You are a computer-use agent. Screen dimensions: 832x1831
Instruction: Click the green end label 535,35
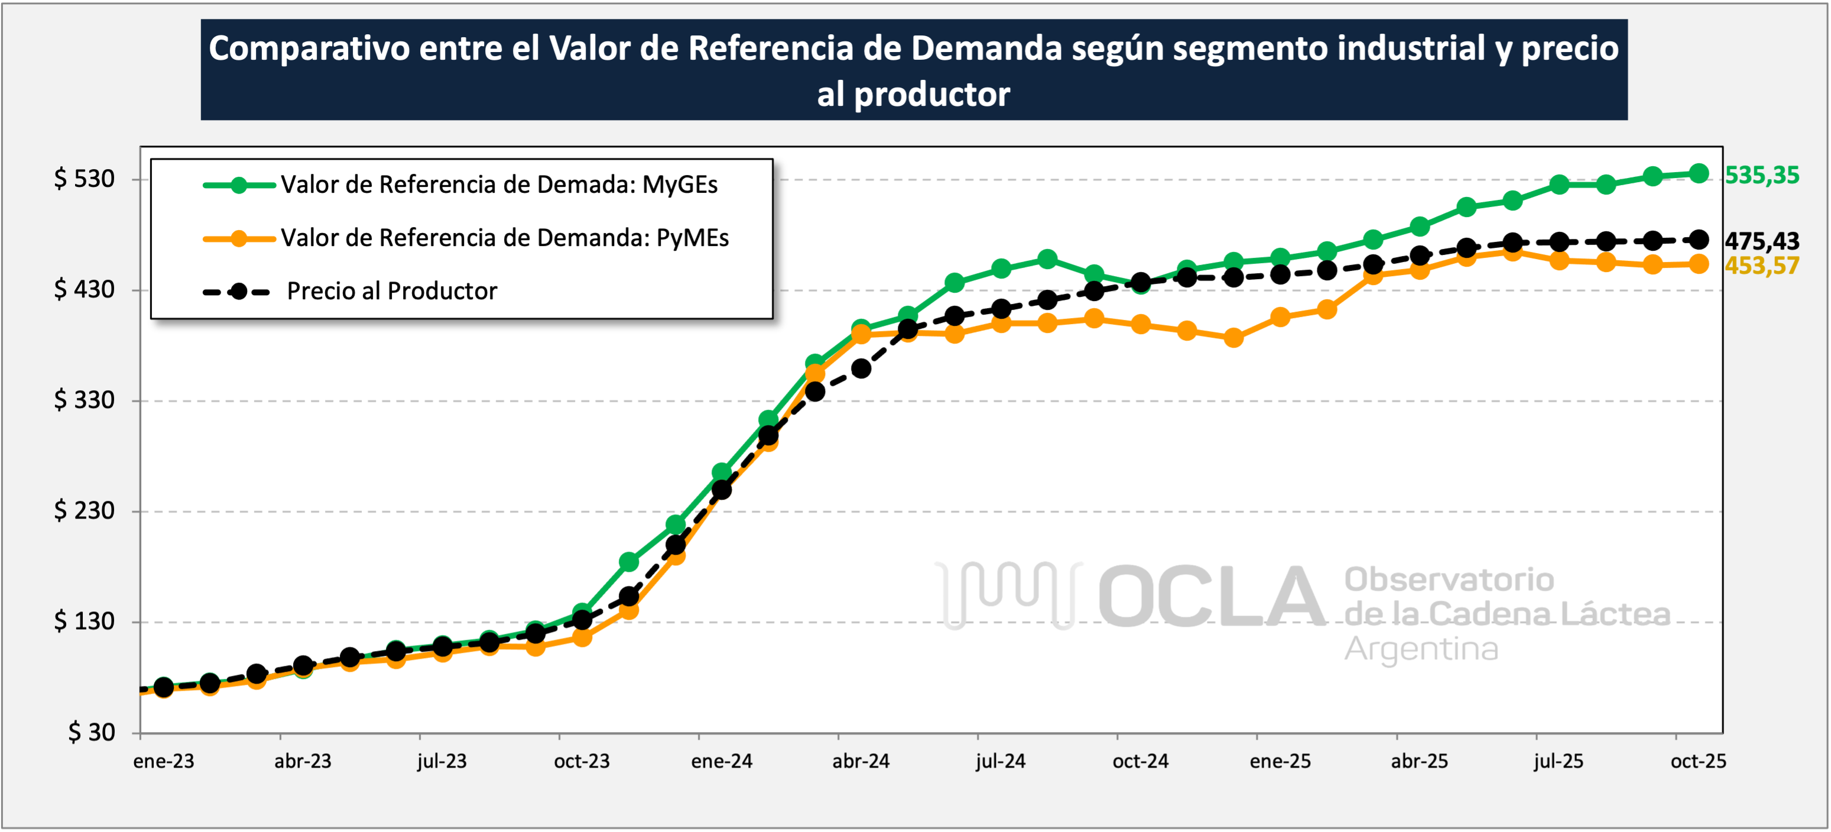click(1761, 175)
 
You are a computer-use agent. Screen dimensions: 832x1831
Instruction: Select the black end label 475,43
click(1761, 241)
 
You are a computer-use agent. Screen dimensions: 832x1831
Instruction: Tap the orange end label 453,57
click(1761, 266)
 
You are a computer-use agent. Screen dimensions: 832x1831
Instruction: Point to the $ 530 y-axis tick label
click(84, 179)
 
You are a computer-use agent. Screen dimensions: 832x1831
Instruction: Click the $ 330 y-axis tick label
click(84, 400)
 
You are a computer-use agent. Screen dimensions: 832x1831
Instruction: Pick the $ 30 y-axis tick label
click(91, 731)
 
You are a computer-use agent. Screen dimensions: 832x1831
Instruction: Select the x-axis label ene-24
click(722, 762)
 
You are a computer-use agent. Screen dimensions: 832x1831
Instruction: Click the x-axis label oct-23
click(582, 762)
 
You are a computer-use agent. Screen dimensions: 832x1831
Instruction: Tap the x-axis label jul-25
click(1558, 762)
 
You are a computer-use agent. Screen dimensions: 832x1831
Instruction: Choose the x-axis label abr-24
click(861, 762)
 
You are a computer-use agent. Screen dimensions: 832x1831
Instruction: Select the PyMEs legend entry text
click(505, 238)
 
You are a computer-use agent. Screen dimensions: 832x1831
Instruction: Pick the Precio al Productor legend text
click(392, 292)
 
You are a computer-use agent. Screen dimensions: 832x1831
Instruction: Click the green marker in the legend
click(239, 186)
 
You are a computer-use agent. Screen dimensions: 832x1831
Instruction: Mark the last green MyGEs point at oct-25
click(1699, 173)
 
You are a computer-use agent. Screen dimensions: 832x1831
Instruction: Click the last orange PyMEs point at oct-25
click(1699, 264)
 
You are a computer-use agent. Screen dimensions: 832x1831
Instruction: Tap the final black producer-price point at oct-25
click(1699, 239)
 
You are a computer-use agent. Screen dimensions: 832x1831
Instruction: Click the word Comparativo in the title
click(309, 48)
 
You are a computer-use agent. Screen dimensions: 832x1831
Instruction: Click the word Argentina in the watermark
click(1421, 649)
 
